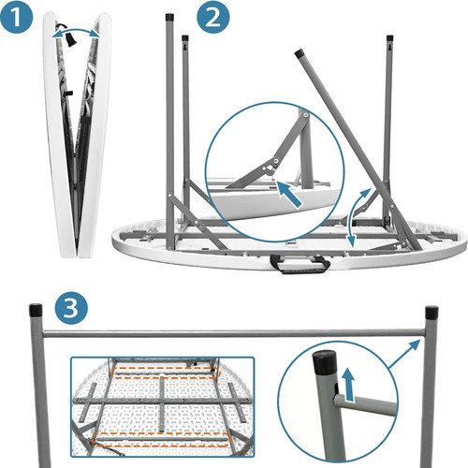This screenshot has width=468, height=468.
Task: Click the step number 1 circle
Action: [17, 18]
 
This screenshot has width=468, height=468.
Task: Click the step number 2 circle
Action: [213, 18]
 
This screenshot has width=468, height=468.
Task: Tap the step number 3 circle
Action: [71, 309]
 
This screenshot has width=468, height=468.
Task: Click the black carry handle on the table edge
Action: [300, 264]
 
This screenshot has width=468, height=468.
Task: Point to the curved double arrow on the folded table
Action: [76, 30]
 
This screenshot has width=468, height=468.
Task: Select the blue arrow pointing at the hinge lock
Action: [289, 194]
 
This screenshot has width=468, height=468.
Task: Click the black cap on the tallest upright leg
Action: [169, 16]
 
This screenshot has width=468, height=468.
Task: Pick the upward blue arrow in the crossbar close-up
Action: [349, 384]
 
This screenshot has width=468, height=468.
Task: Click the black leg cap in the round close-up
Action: [325, 362]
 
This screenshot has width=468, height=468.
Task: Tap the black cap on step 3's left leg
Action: [36, 310]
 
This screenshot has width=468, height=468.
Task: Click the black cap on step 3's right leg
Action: [431, 313]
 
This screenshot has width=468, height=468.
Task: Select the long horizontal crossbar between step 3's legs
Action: [234, 333]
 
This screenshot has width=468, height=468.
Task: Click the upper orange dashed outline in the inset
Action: [165, 373]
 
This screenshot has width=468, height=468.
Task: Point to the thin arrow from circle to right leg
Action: [404, 354]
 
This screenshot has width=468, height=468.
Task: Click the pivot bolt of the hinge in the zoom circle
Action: [276, 160]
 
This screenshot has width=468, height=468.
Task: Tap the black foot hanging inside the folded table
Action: [70, 39]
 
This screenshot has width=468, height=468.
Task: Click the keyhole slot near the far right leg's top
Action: [389, 48]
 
